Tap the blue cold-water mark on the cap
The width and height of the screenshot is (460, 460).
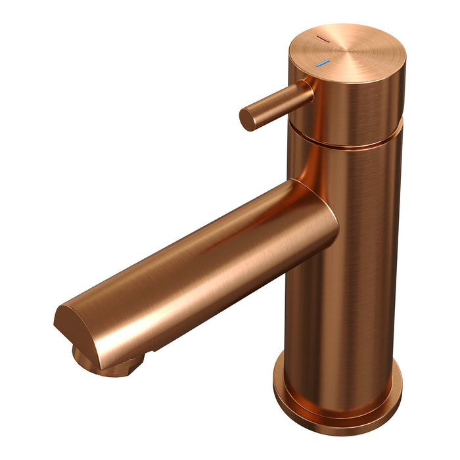tap(321, 64)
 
